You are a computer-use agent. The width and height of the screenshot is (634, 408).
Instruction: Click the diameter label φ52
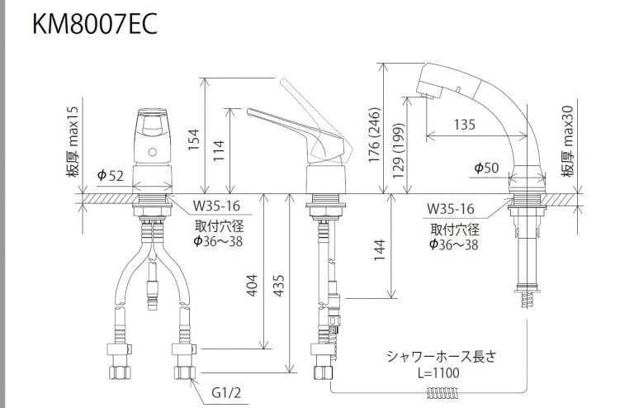pyautogui.click(x=110, y=175)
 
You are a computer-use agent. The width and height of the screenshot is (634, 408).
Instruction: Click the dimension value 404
pyautogui.click(x=252, y=285)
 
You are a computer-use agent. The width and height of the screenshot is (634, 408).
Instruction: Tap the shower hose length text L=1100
pyautogui.click(x=435, y=372)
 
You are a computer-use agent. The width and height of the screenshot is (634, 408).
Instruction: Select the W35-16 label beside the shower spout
pyautogui.click(x=450, y=208)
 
